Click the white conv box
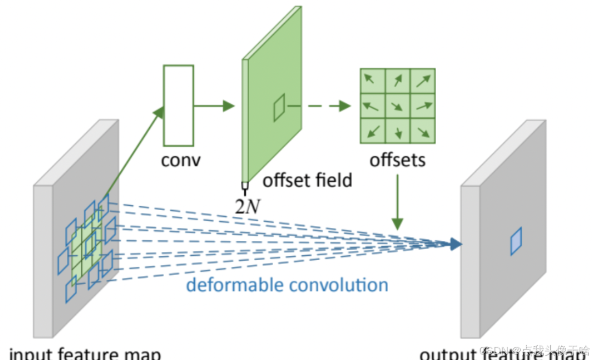[178, 105]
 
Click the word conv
[181, 160]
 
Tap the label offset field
[307, 179]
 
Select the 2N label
[247, 206]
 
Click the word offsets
[397, 160]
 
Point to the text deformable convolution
[287, 285]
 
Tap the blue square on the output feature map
[516, 241]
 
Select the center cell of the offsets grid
[397, 106]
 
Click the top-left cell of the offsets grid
[373, 81]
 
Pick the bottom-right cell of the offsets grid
[422, 131]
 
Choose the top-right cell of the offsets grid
[422, 81]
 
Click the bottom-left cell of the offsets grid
[373, 131]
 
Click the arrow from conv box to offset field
[214, 106]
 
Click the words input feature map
[85, 354]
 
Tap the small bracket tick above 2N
[245, 187]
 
